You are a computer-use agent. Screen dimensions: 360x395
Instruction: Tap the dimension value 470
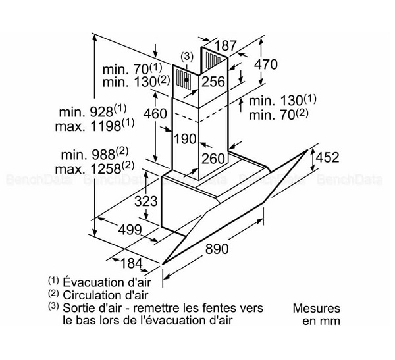pyautogui.click(x=266, y=64)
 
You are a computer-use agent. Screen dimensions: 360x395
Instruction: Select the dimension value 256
pyautogui.click(x=213, y=82)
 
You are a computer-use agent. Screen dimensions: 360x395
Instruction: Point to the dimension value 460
pyautogui.click(x=155, y=113)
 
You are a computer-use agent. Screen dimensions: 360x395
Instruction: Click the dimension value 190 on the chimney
pyautogui.click(x=186, y=139)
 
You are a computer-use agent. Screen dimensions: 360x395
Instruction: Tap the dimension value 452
pyautogui.click(x=327, y=157)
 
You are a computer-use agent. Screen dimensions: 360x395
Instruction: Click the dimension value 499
pyautogui.click(x=130, y=230)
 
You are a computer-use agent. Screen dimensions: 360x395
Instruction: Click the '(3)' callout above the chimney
pyautogui.click(x=186, y=57)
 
